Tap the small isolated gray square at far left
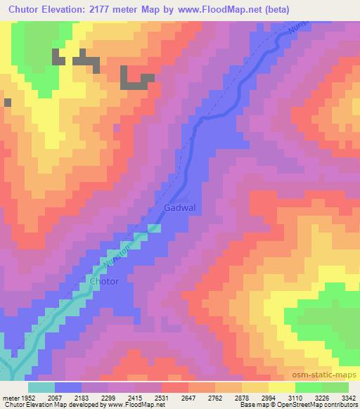[x=8, y=103]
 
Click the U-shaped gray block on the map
[x=136, y=78]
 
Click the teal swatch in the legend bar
[x=41, y=387]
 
